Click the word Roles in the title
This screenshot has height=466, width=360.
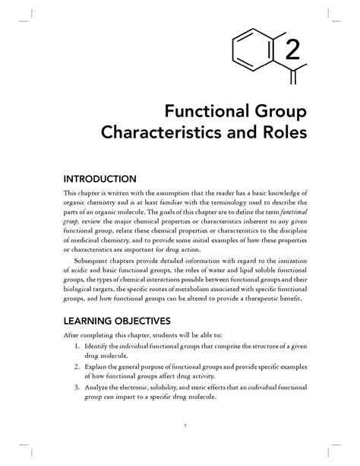pos(281,137)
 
